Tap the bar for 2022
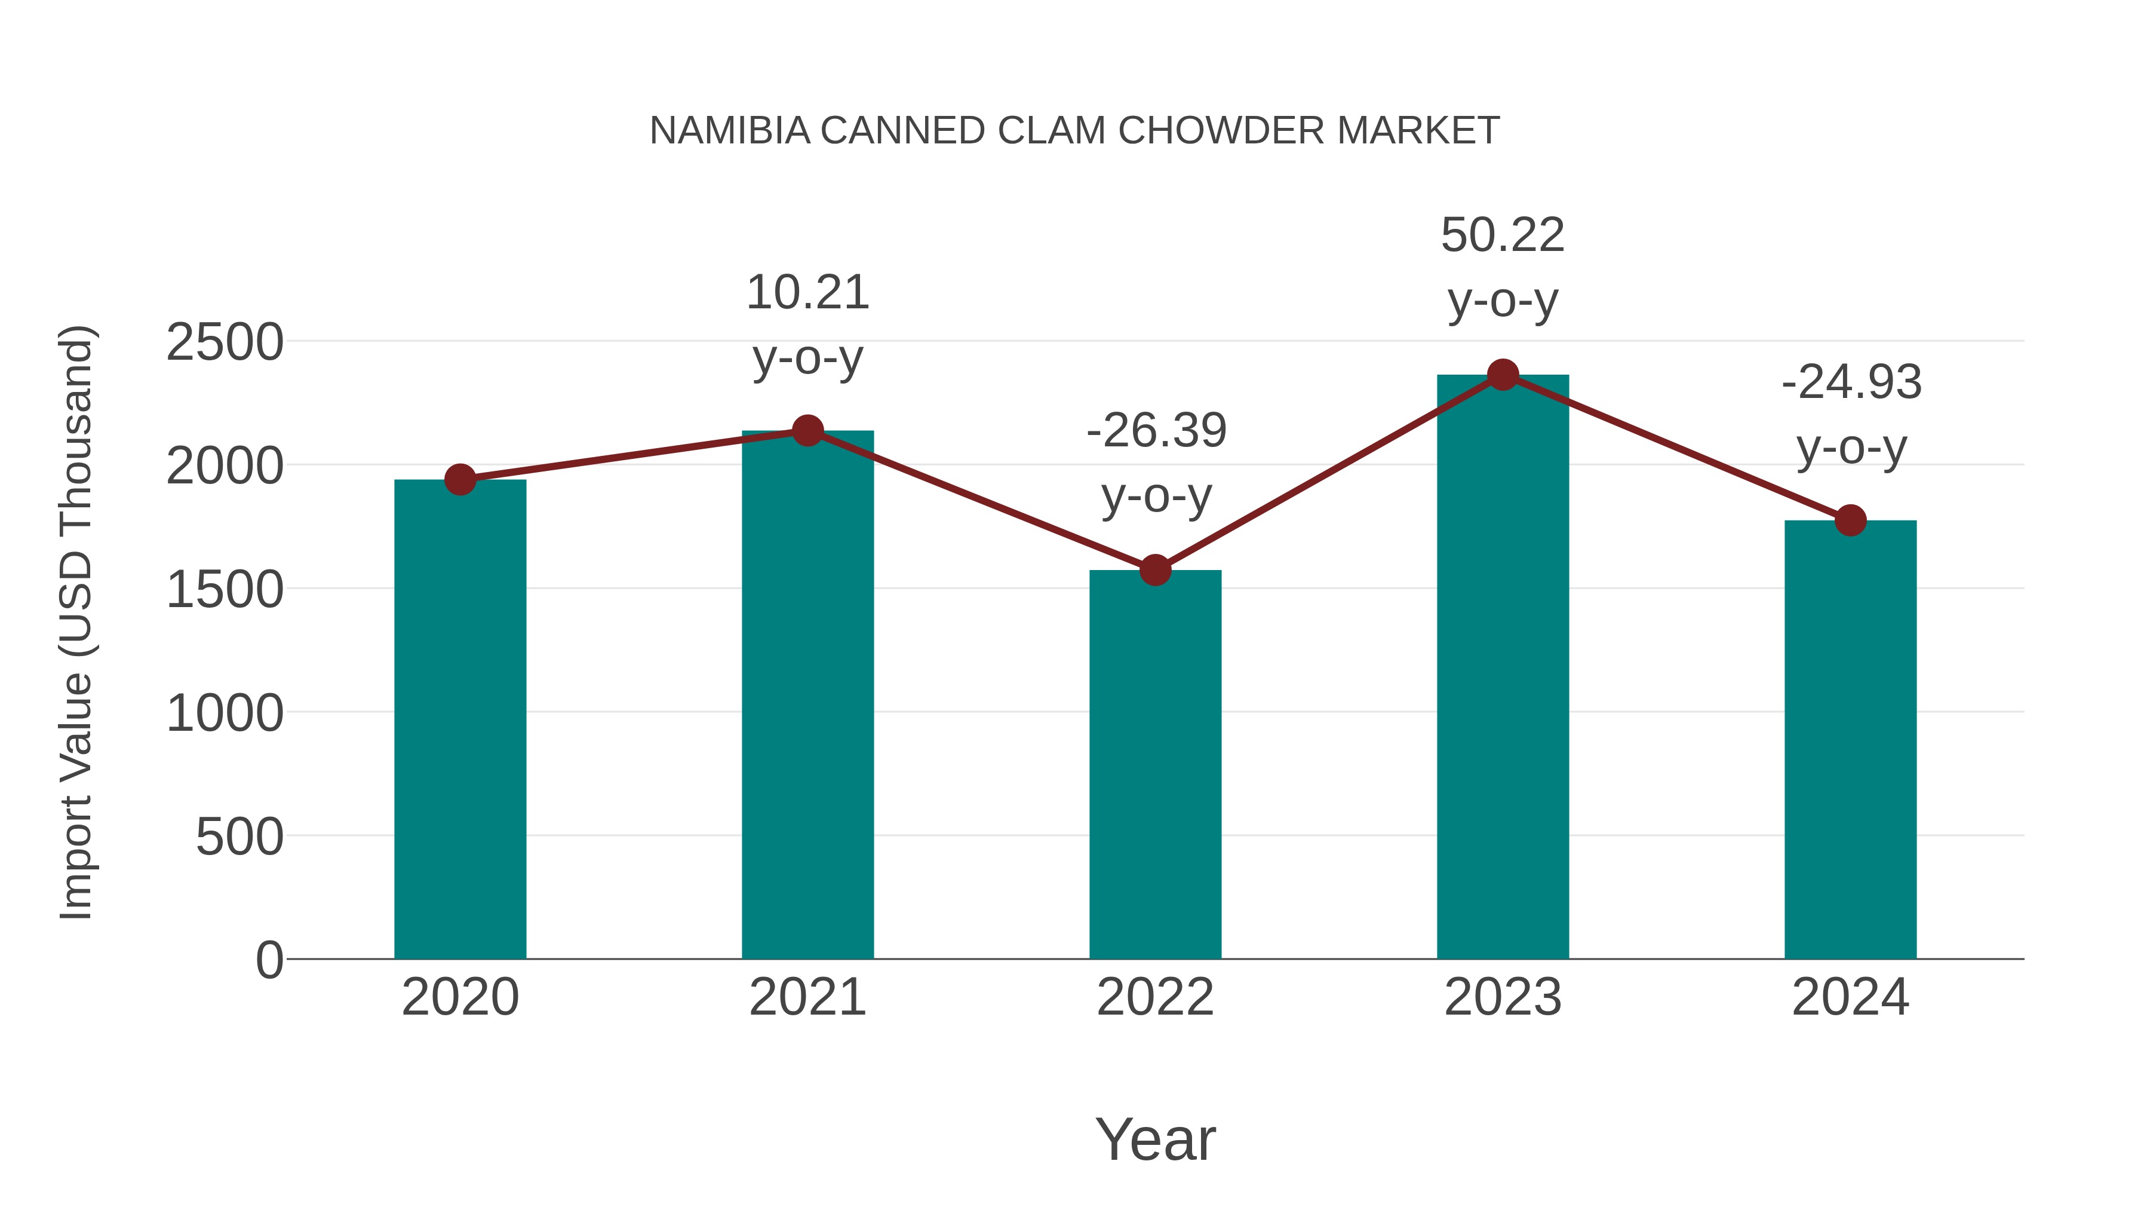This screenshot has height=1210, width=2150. (x=1155, y=764)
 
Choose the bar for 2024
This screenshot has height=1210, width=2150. (x=1850, y=739)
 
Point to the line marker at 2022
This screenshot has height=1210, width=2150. (x=1155, y=571)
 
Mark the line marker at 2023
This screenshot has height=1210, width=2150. (x=1503, y=375)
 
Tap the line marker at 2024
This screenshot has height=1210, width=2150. (x=1850, y=520)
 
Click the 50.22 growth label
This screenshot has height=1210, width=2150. (x=1503, y=235)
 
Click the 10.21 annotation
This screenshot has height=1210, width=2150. (x=807, y=293)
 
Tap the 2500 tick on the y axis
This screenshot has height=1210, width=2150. (x=225, y=342)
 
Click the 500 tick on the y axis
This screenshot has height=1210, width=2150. (x=239, y=837)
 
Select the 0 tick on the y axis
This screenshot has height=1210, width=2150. (x=269, y=960)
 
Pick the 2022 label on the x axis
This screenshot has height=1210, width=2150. (x=1155, y=997)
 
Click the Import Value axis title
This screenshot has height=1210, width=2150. (x=75, y=622)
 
